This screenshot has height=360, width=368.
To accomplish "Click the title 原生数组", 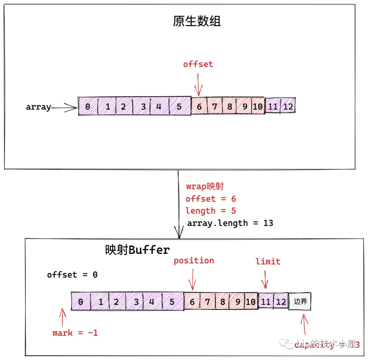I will click(x=197, y=21).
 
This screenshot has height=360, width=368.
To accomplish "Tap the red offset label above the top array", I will click(x=198, y=64).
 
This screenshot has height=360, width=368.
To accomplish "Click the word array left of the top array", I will click(x=38, y=107).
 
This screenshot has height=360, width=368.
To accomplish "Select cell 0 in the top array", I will click(x=88, y=107).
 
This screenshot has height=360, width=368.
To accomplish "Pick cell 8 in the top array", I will click(x=230, y=107).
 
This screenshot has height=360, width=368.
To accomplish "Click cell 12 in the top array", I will click(x=288, y=107).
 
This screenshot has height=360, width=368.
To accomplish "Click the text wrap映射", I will click(x=205, y=186).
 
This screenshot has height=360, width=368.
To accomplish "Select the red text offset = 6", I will click(x=211, y=199).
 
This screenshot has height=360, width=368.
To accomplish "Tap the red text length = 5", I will click(x=211, y=211).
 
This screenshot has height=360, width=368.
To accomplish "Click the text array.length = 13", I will click(x=230, y=223).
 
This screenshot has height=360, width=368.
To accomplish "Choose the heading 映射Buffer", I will click(x=137, y=250).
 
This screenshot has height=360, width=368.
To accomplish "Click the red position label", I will click(x=194, y=261).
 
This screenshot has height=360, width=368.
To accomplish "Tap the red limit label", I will click(x=268, y=262).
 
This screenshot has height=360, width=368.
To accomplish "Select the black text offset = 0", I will click(x=72, y=275).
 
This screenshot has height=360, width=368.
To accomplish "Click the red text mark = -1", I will click(x=75, y=333).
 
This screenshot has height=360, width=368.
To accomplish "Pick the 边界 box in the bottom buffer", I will click(x=300, y=301).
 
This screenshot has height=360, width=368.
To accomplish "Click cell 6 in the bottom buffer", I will click(x=192, y=302).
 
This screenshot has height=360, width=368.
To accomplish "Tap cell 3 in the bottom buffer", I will click(x=136, y=302).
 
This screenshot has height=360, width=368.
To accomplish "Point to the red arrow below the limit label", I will click(x=265, y=280).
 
